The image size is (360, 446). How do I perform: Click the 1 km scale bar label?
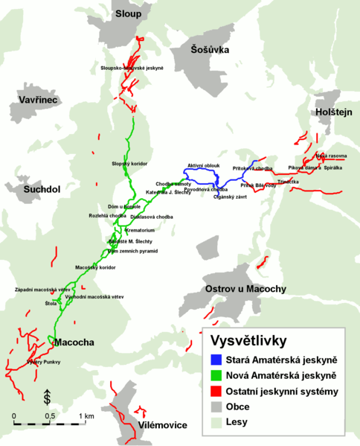click(x=86, y=415)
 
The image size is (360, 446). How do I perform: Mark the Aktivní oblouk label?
click(x=203, y=165)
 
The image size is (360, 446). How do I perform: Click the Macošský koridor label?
click(x=96, y=267)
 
